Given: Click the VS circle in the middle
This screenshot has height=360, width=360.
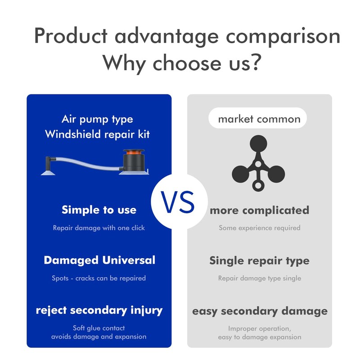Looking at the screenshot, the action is pos(179,202).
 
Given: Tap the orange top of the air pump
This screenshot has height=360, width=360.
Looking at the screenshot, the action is pos(134,152).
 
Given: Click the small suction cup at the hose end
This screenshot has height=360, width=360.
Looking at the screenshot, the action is pos(48,172).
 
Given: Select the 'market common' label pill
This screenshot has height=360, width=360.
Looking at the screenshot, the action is pos(257,118).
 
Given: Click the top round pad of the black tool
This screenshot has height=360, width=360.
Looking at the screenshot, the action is pos(258,144).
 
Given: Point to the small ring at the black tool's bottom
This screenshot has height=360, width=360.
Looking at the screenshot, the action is pos(258,185).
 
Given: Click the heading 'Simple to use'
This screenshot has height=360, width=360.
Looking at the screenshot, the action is pos(99,210).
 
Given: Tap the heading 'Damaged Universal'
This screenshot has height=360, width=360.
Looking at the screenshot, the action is pos(99,261).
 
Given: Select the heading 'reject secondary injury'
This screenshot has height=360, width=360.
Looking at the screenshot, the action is pos(99,310).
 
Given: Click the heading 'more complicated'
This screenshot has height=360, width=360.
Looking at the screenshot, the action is pos(260,211).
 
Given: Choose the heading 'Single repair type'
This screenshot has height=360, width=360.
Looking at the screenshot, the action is pos(260,261).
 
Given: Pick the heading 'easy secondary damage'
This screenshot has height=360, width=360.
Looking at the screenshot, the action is pos(260,311).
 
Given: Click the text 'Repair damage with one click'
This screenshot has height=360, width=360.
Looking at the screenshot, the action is pos(99,228).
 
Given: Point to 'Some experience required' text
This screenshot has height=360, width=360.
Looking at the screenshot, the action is pos(260,228).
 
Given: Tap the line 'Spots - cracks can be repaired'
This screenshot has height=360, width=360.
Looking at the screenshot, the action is pos(99,278).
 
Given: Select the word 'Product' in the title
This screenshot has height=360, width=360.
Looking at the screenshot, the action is pos(71,36).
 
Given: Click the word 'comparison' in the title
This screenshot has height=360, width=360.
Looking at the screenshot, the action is pos(283,37).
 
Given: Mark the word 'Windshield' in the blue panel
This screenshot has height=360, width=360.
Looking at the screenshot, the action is pos(73,134).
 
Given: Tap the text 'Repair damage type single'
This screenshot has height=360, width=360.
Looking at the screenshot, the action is pos(260,278).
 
